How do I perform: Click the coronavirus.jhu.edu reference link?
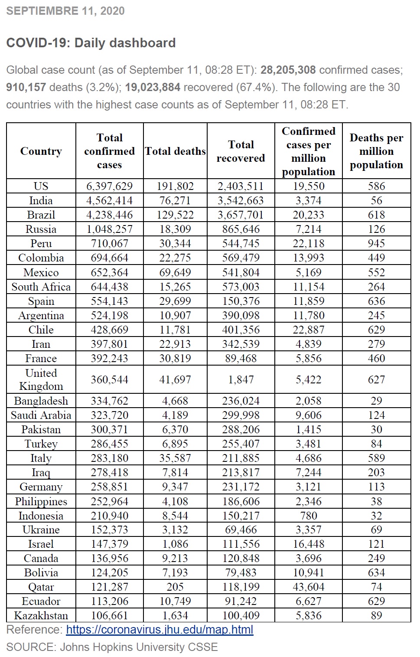click(160, 630)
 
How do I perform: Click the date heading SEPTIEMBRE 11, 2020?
click(65, 11)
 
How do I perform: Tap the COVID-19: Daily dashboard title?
click(91, 43)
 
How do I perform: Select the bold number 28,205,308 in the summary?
click(288, 70)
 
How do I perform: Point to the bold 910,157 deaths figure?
click(26, 87)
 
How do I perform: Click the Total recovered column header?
click(241, 151)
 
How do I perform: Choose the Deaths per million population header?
click(376, 151)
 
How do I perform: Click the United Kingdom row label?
click(41, 379)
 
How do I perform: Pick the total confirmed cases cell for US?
click(109, 186)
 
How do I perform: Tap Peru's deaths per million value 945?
click(376, 243)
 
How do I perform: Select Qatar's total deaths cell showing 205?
click(175, 587)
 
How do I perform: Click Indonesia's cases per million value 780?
click(309, 516)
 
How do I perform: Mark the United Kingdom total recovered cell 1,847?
click(241, 379)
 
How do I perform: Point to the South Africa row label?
click(41, 287)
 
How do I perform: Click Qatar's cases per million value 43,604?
click(309, 587)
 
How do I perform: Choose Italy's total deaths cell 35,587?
click(175, 458)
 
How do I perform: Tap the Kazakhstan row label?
click(41, 615)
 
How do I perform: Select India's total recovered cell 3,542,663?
click(241, 200)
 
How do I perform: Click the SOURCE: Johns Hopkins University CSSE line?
click(112, 647)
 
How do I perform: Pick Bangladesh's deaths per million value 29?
click(376, 401)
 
